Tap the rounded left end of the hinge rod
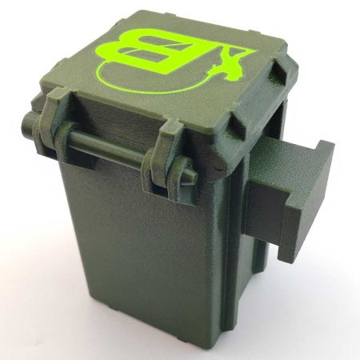coord(26,120)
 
